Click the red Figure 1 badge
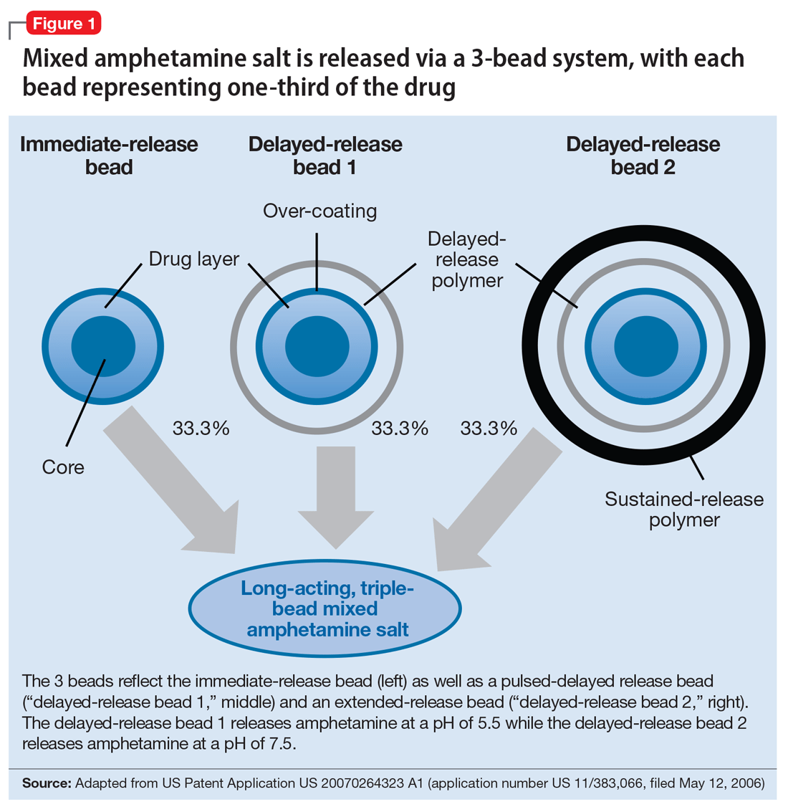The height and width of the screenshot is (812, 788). click(x=63, y=24)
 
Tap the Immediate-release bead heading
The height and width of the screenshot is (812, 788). click(x=109, y=156)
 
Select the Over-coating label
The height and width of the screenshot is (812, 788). click(x=319, y=211)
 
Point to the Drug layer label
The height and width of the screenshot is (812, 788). click(x=193, y=259)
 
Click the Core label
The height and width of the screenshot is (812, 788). click(x=63, y=467)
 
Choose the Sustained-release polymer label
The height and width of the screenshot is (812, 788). click(x=684, y=509)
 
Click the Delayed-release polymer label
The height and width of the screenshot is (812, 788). click(x=466, y=259)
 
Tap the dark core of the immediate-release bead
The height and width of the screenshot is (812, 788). click(x=103, y=345)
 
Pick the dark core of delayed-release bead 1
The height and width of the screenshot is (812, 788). click(x=317, y=345)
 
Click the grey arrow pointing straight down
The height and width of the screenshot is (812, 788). click(x=335, y=495)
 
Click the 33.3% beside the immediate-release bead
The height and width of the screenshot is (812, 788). click(x=201, y=429)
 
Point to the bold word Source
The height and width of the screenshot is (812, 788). click(x=47, y=783)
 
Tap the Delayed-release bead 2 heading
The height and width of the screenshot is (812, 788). click(x=643, y=156)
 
